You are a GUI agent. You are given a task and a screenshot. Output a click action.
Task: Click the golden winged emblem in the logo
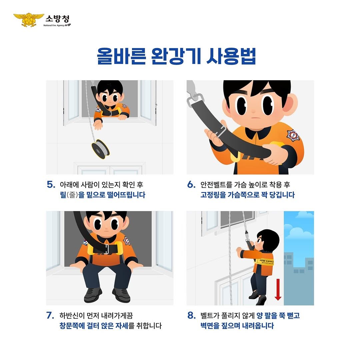pyautogui.click(x=29, y=20)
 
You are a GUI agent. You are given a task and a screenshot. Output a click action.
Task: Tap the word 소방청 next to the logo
pyautogui.click(x=57, y=18)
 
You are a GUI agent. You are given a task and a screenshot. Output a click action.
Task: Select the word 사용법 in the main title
pyautogui.click(x=231, y=56)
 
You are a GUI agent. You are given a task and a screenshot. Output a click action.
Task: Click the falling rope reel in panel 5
pyautogui.click(x=100, y=149)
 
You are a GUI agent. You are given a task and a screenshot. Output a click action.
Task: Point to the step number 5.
pyautogui.click(x=51, y=185)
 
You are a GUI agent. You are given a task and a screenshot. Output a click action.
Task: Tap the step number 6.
pyautogui.click(x=191, y=185)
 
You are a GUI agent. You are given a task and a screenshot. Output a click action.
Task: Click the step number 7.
pyautogui.click(x=50, y=315)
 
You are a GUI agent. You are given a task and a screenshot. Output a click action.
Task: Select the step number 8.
pyautogui.click(x=191, y=315)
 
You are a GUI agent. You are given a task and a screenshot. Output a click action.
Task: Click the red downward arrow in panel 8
pyautogui.click(x=278, y=289)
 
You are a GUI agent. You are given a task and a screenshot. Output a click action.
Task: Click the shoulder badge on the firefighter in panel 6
pyautogui.click(x=293, y=135)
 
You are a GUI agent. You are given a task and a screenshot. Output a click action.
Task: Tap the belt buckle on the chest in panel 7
pyautogui.click(x=107, y=248)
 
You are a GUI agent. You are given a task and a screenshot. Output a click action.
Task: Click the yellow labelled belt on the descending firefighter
pyautogui.click(x=264, y=262)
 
